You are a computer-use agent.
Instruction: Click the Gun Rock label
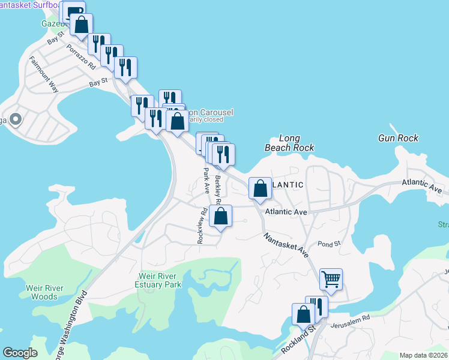398,138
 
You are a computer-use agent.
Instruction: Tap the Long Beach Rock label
290,143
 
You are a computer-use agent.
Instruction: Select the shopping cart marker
331,279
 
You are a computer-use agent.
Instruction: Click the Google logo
20,353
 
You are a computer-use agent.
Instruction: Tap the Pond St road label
329,244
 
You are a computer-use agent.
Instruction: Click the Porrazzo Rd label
81,56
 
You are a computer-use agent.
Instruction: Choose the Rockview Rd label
202,225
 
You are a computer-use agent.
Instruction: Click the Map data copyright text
423,355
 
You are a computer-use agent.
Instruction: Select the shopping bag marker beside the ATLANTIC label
260,188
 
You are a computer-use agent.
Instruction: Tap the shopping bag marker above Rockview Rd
221,216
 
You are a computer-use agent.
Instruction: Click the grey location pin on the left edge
15,120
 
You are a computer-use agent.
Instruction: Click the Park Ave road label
206,179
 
